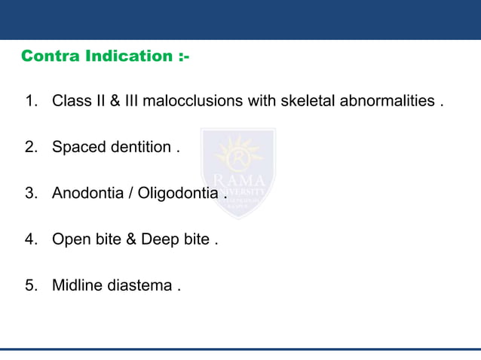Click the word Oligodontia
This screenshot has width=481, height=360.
179,194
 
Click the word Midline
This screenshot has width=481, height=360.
77,286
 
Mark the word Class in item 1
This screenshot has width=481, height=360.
71,101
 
